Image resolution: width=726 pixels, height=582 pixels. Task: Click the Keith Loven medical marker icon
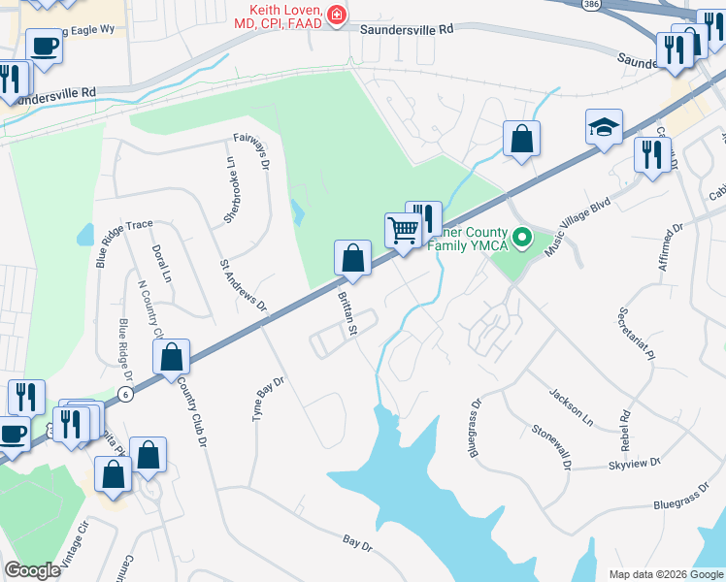337,15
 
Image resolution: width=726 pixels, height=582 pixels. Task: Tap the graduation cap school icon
604,127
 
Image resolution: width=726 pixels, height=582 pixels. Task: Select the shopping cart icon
403,230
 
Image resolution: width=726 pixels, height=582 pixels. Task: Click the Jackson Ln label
571,408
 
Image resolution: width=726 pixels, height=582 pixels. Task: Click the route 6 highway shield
125,391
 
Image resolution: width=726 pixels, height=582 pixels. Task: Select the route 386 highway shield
589,5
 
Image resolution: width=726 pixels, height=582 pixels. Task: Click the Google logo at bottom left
32,570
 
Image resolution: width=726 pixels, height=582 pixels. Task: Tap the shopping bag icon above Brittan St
352,258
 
